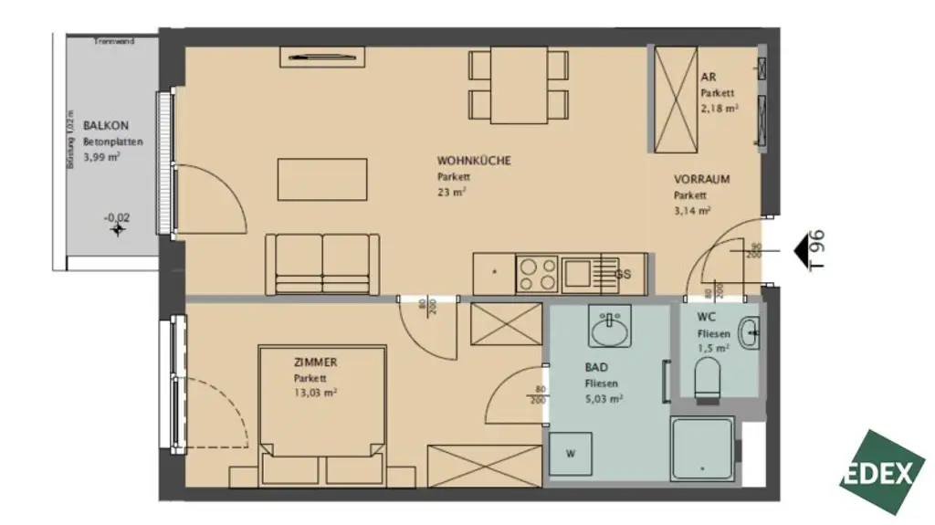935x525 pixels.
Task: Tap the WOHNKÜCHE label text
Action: click(x=473, y=161)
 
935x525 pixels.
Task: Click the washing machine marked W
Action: click(x=570, y=454)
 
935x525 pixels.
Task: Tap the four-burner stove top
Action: click(x=537, y=272)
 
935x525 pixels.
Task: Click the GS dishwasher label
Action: click(x=623, y=274)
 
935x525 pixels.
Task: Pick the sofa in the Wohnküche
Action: click(x=322, y=264)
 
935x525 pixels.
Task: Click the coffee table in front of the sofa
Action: click(x=323, y=179)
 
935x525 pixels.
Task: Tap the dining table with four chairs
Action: click(x=519, y=87)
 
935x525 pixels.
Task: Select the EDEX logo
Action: click(x=882, y=472)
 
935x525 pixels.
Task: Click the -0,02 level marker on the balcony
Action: click(x=116, y=224)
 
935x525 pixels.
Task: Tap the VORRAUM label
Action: click(x=701, y=179)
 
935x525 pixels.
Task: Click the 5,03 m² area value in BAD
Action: click(x=604, y=399)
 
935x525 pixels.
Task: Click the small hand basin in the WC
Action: click(x=748, y=333)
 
